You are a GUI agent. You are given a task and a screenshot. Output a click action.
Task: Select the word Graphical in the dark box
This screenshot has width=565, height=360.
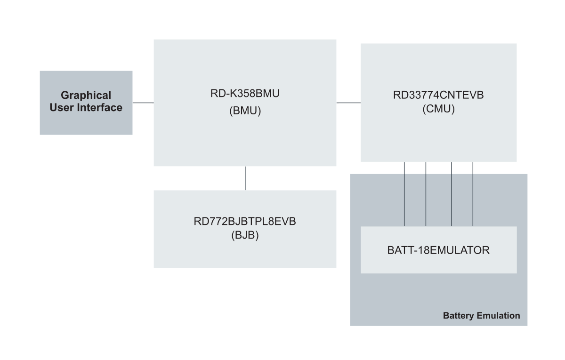[86, 96]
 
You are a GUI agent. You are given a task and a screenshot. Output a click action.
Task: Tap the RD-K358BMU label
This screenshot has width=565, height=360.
[245, 94]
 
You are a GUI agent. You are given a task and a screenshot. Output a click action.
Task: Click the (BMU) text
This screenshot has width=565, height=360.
[245, 112]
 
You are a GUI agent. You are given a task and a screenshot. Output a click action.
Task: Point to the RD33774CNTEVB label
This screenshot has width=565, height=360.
[438, 96]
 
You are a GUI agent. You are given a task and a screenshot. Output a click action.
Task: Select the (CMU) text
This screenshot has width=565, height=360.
[438, 109]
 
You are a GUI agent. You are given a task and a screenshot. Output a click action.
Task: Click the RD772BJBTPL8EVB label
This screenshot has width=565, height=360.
[245, 221]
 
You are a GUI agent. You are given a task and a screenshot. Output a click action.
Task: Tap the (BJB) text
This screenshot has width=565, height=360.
[245, 235]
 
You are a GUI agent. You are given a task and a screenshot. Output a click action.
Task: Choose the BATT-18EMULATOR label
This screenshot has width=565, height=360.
[438, 250]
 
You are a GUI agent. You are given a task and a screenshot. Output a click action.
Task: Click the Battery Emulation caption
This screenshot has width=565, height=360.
[481, 315]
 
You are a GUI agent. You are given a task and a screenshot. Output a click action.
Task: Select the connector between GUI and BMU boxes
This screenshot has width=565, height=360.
[143, 103]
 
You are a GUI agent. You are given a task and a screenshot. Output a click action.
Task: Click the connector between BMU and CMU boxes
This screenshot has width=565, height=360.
[348, 103]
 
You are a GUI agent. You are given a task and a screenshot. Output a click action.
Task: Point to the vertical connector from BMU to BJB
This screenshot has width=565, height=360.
[245, 178]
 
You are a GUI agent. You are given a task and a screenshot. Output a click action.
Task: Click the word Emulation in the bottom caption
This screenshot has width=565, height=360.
[498, 315]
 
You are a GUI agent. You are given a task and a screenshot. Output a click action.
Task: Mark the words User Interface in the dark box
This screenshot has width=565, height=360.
[86, 108]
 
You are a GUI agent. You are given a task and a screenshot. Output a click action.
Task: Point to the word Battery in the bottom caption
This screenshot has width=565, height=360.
[458, 315]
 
